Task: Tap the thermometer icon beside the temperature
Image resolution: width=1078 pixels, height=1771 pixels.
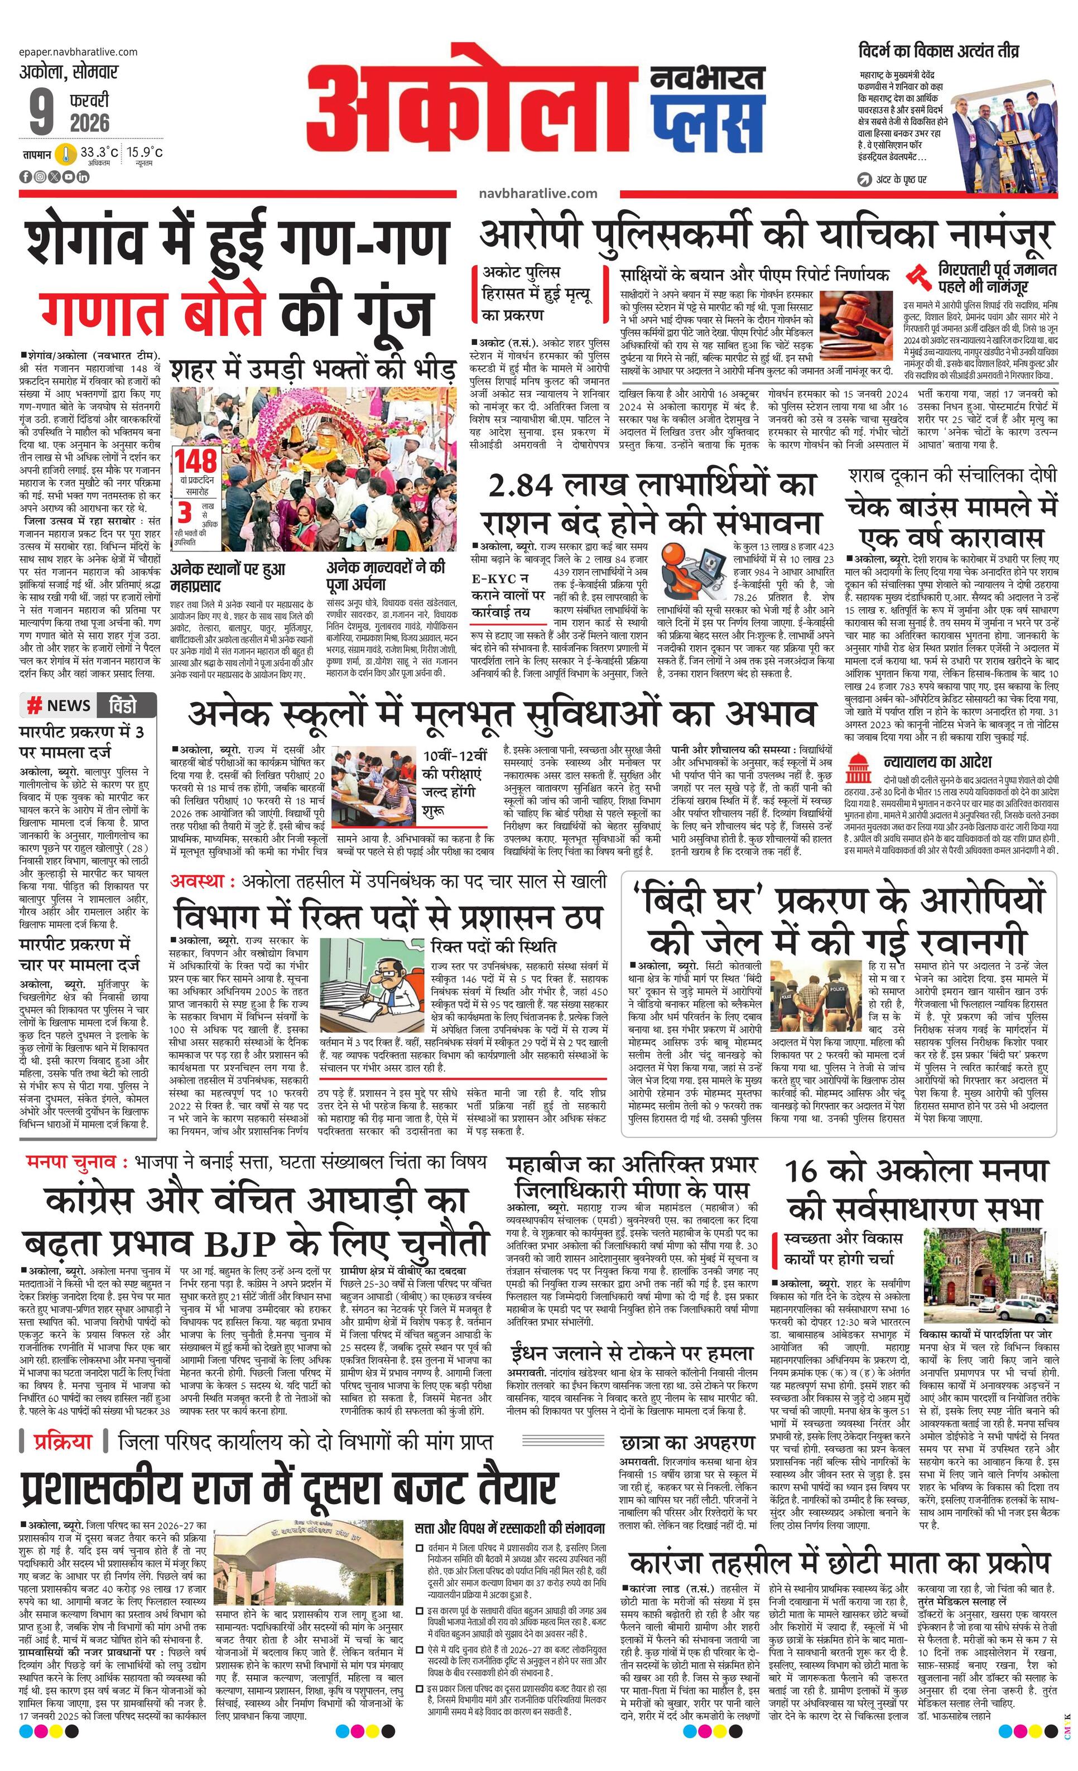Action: point(68,154)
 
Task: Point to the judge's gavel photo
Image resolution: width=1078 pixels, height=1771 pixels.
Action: point(854,327)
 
